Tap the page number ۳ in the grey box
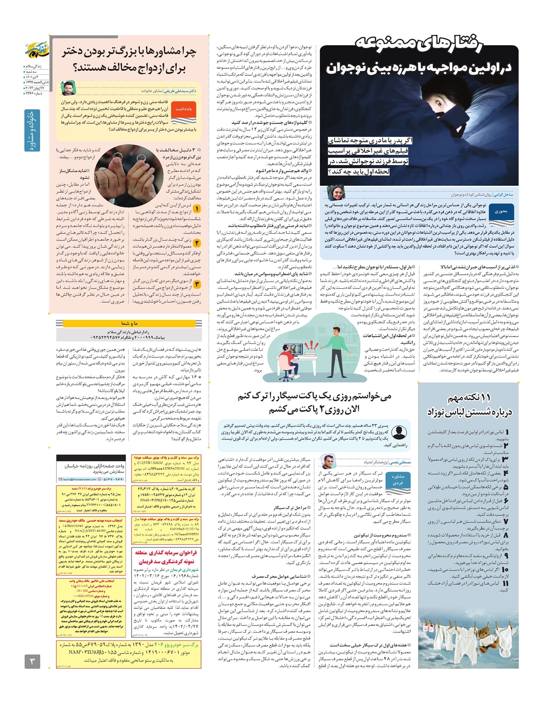(32, 662)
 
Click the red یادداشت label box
(183, 109)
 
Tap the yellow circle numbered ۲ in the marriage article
(197, 243)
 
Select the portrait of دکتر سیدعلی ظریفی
(68, 88)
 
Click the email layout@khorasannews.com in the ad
(78, 479)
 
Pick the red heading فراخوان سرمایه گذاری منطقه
(166, 553)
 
